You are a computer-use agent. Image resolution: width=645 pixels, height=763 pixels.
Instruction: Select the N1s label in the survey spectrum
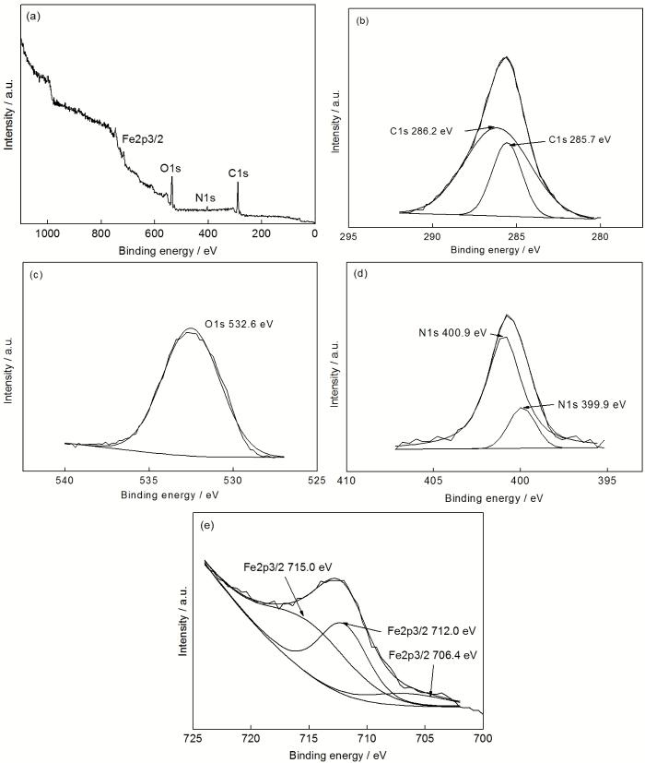pyautogui.click(x=207, y=197)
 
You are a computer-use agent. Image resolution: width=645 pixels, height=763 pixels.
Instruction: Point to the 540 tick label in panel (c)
pyautogui.click(x=64, y=480)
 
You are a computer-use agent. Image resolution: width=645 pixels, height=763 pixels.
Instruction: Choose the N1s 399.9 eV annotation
pyautogui.click(x=592, y=404)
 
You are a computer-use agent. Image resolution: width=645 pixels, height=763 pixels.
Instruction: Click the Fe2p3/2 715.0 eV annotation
pyautogui.click(x=287, y=566)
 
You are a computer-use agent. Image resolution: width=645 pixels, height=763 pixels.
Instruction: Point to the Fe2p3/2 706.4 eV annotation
pyautogui.click(x=433, y=655)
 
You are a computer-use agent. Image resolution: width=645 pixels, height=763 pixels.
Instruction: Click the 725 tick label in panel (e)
pyautogui.click(x=193, y=740)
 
